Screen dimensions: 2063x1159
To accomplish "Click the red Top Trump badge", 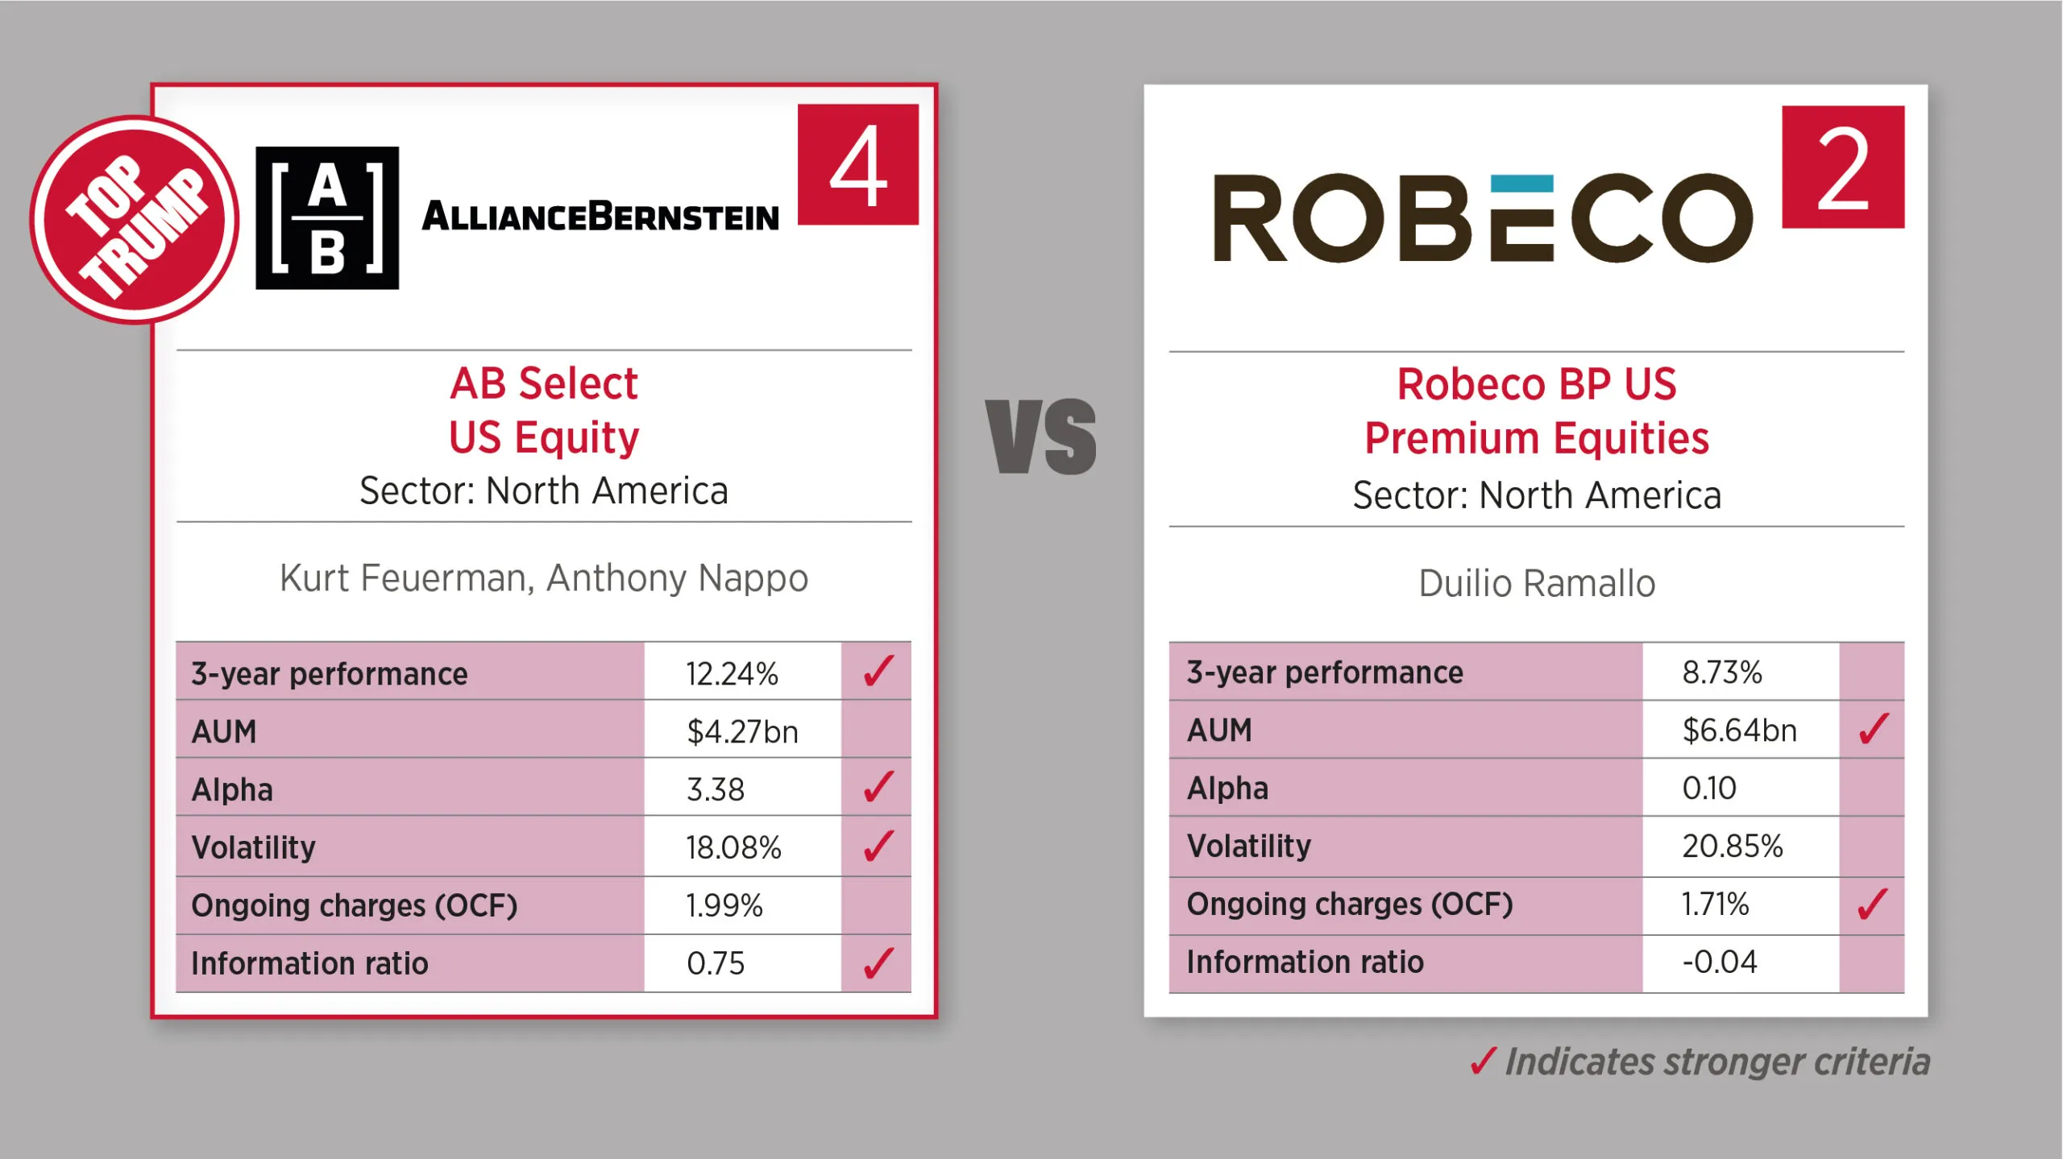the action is pos(135,220).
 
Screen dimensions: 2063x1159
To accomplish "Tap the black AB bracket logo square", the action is pos(327,217).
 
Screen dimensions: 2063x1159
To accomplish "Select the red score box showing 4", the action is pos(858,164).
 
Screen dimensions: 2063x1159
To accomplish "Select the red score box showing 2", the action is pos(1843,167).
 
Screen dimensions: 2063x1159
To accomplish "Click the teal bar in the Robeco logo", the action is pos(1521,184).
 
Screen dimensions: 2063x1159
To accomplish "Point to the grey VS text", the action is pos(1041,437).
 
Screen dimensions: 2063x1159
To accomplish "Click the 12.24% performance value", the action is pos(732,674).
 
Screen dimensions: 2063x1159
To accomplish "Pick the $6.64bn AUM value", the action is pos(1739,731).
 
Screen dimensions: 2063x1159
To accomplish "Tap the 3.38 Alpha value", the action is pos(716,790).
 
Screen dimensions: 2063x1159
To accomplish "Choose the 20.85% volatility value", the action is pos(1733,846).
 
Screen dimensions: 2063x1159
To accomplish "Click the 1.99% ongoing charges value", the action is pos(724,906).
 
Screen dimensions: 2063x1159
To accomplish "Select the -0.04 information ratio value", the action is pos(1719,962).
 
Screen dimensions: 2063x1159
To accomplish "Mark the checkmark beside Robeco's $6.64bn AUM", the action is pos(1874,729).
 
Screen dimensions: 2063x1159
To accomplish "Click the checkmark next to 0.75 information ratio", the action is pos(878,963).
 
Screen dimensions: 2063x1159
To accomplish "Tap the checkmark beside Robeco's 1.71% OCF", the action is pos(1873,904).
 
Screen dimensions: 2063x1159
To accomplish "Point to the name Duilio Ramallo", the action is pos(1537,583).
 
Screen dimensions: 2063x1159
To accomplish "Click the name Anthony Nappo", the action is pos(677,579).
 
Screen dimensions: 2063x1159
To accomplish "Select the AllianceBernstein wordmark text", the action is pos(600,216).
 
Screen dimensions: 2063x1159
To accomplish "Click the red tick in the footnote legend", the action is pos(1483,1062).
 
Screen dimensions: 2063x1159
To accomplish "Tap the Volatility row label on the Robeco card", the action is pos(1249,846).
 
